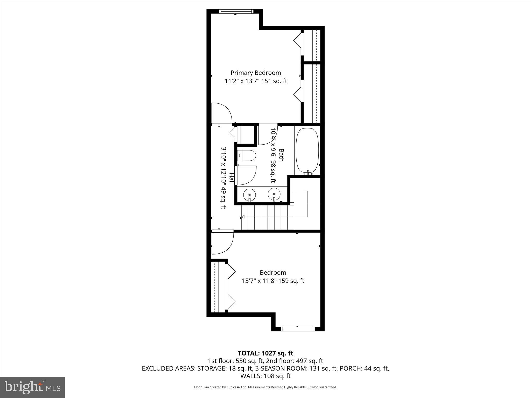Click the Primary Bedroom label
[256, 73]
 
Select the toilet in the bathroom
[247, 156]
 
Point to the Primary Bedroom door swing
[221, 113]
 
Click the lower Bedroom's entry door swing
[222, 243]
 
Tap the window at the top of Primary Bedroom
[235, 11]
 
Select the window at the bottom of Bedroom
[297, 329]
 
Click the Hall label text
[231, 179]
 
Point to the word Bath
[281, 155]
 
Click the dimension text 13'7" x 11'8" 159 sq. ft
[273, 281]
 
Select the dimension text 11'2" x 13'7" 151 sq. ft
[256, 81]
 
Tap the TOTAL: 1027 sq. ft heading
[265, 353]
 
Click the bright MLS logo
[32, 387]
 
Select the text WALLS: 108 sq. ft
[265, 376]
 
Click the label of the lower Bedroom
[273, 273]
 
